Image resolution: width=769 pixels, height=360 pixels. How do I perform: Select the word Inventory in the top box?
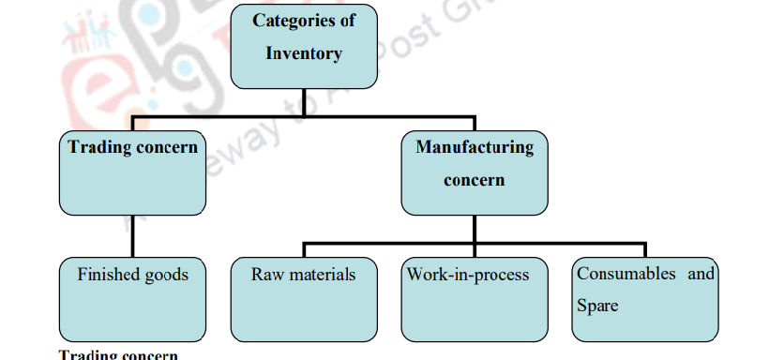coord(303,53)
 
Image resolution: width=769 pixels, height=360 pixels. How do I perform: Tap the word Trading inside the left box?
coord(97,147)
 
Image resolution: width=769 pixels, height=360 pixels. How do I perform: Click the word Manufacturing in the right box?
coord(475,147)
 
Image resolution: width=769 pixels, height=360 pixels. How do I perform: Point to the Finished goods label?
coord(132,275)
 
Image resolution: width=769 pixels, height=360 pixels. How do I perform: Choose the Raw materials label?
coord(303,275)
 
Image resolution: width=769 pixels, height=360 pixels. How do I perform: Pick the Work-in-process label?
coord(468,275)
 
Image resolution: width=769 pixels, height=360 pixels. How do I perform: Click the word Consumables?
coord(626,275)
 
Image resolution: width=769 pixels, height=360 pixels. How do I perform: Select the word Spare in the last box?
coord(597,306)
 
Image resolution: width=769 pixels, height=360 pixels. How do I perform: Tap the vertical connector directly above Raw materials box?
coord(303,249)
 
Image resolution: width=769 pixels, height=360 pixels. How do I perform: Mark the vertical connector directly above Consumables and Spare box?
coord(645,249)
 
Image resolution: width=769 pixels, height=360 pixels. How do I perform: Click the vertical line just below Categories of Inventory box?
coord(303,102)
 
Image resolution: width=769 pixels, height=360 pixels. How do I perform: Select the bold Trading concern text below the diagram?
coord(118,354)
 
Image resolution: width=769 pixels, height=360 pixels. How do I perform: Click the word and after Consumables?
coord(701,275)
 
